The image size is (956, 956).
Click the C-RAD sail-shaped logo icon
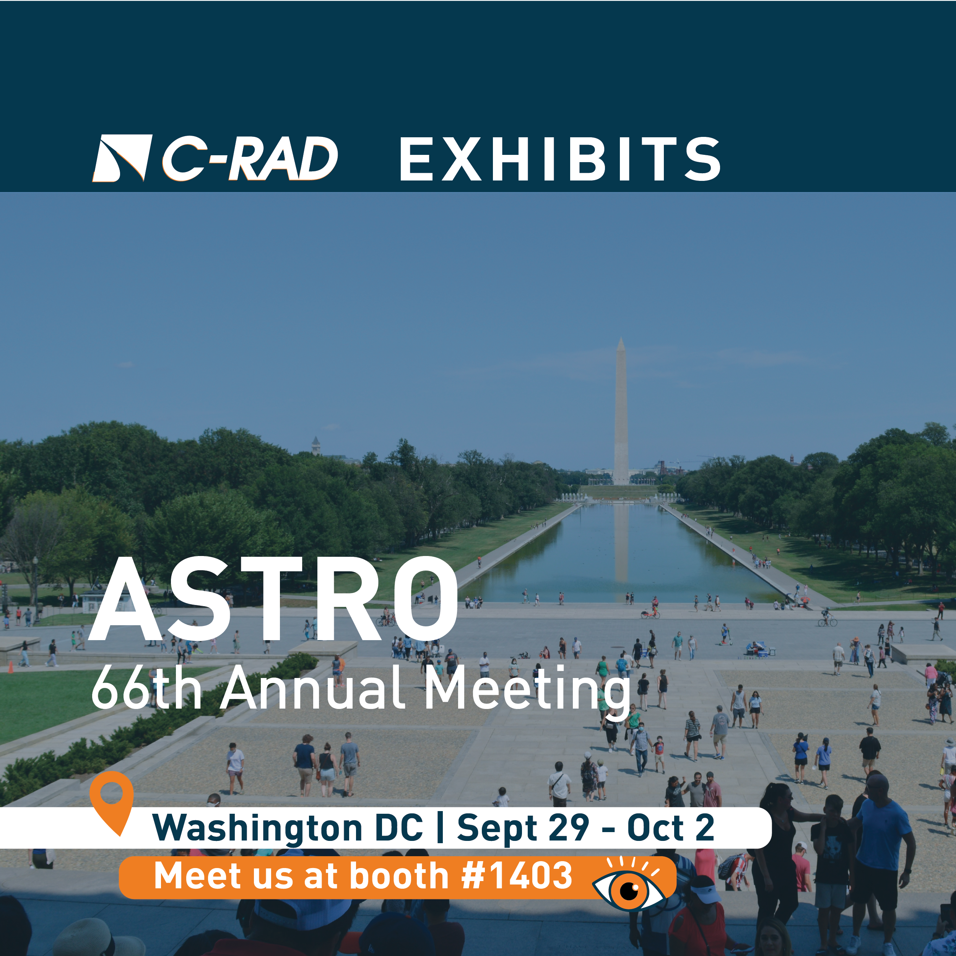point(122,158)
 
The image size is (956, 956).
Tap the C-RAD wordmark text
point(250,158)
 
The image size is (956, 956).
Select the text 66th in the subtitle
point(146,688)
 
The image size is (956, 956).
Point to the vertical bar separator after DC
point(440,828)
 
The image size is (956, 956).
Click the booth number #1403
point(517,875)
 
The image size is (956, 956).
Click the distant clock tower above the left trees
point(316,446)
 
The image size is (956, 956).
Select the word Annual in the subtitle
point(313,688)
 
